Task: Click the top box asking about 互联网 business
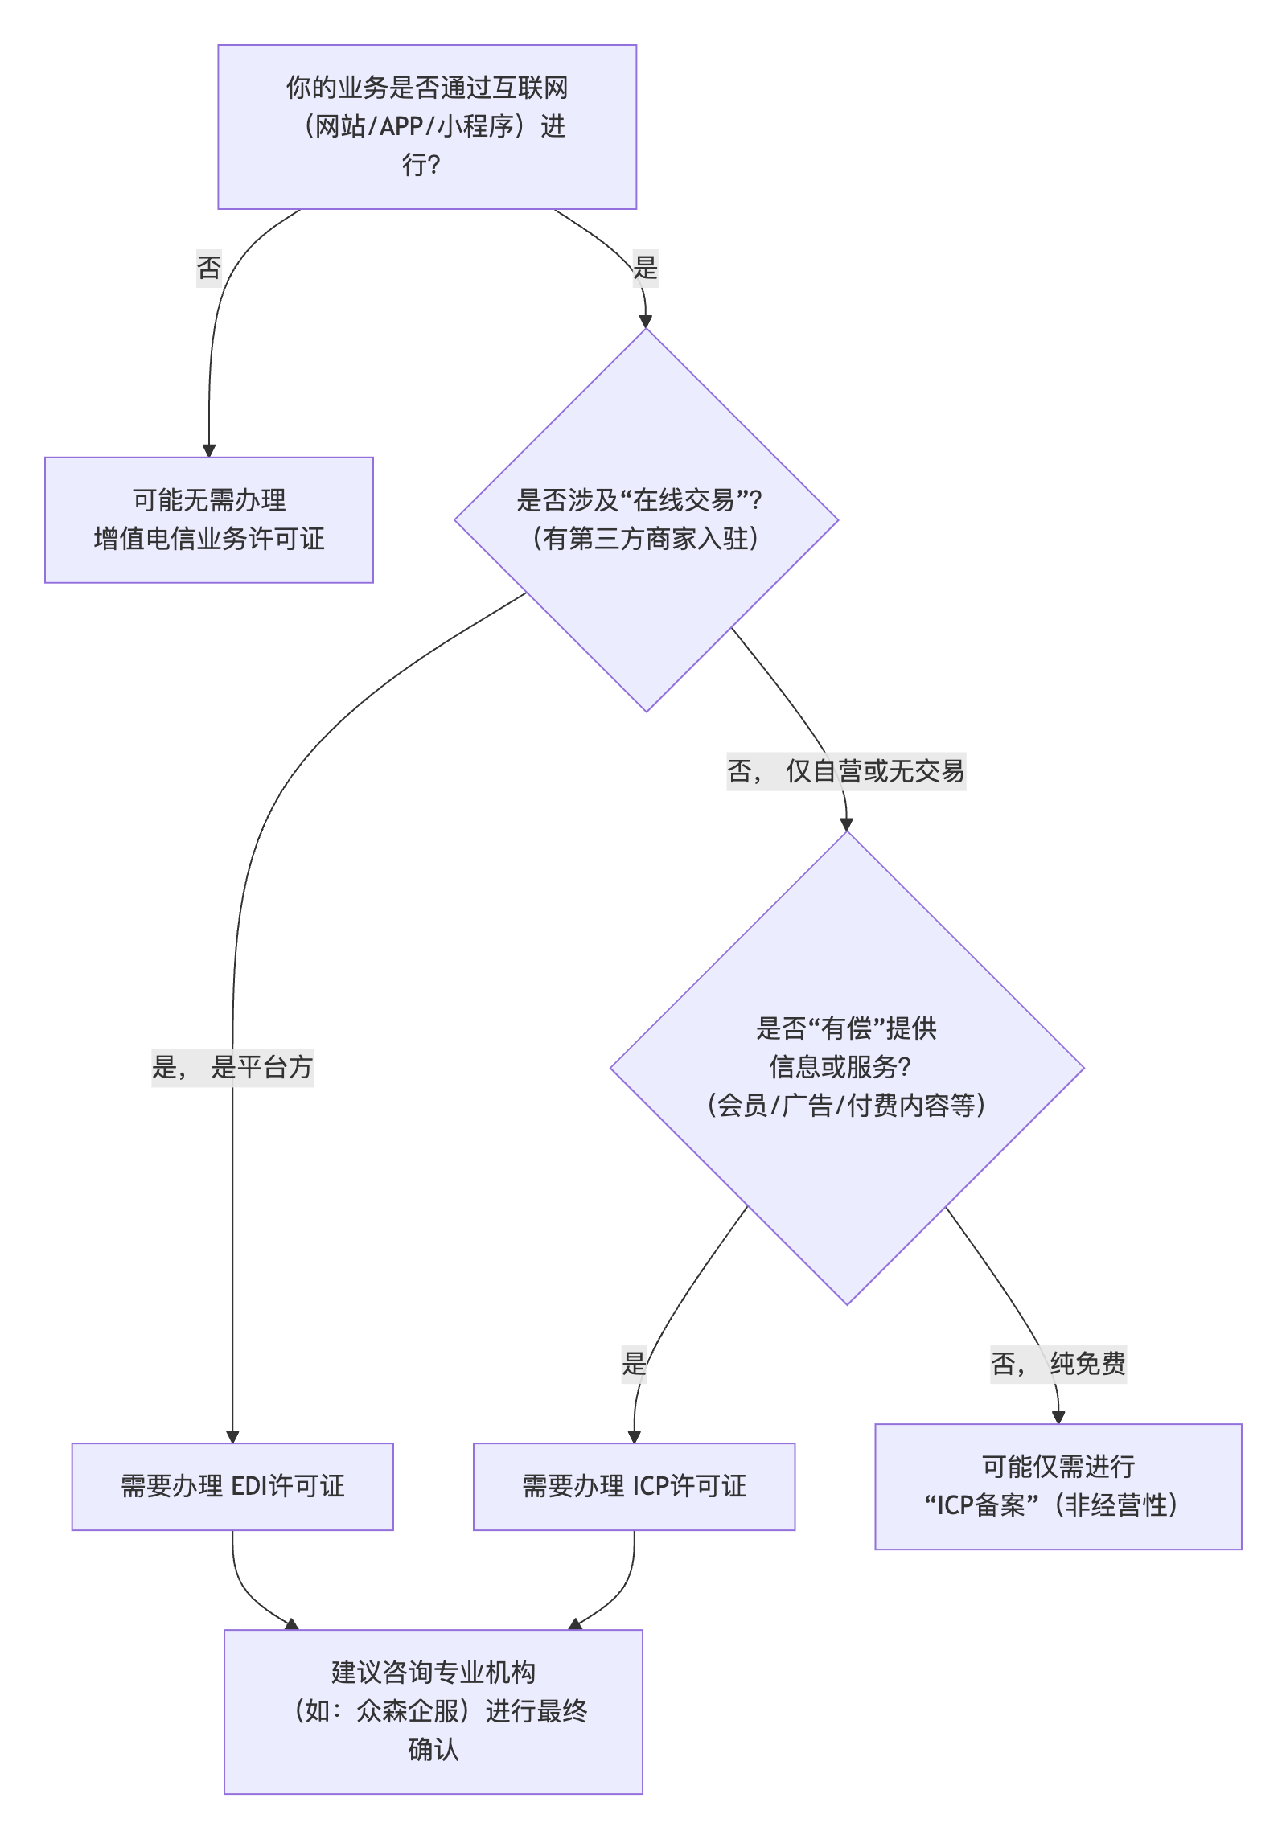[427, 127]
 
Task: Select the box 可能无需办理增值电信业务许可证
[209, 519]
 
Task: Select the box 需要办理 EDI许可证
[232, 1486]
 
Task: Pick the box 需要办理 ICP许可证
[634, 1486]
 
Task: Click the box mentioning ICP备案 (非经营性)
[1058, 1486]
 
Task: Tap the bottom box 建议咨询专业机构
[433, 1711]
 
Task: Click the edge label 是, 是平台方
[232, 1067]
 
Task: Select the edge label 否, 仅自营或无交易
[846, 771]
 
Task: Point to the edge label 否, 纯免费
[1058, 1364]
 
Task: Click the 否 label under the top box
[209, 267]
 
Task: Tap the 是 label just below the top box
[645, 267]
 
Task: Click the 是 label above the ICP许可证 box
[634, 1364]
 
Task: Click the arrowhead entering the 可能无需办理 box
[209, 450]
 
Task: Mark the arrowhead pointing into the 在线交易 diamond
[645, 322]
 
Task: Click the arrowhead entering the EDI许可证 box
[232, 1436]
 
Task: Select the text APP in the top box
[401, 127]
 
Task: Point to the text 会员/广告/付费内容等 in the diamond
[846, 1106]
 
